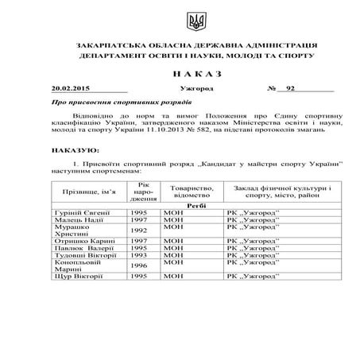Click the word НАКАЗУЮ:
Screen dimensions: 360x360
tap(75, 149)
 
